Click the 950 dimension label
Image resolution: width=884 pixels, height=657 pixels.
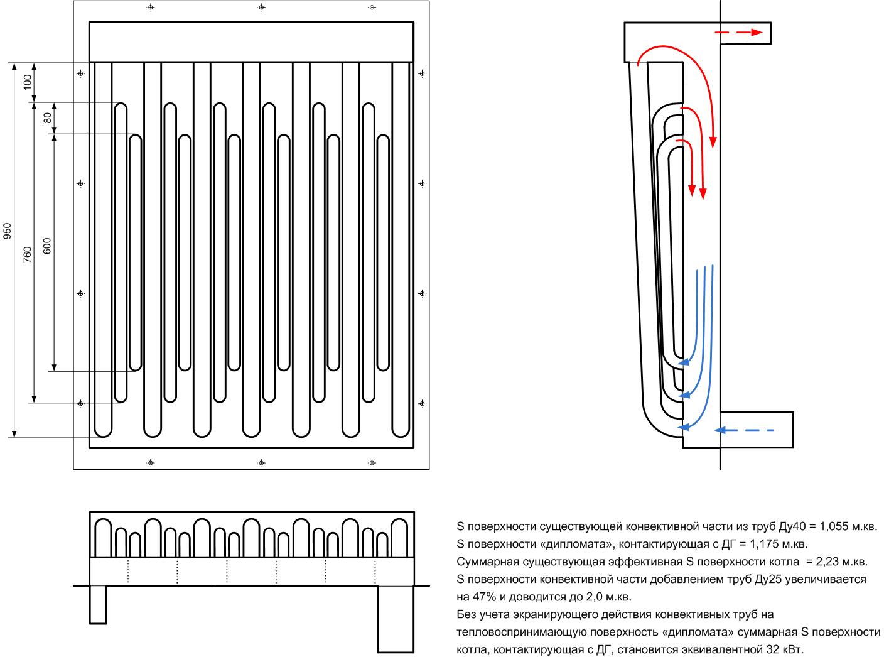pyautogui.click(x=8, y=232)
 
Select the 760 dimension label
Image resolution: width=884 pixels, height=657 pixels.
pyautogui.click(x=27, y=253)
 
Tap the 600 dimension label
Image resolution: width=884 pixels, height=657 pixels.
pyautogui.click(x=47, y=246)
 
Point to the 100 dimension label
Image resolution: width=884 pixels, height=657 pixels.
pyautogui.click(x=27, y=82)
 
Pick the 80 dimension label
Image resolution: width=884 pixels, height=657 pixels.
pyautogui.click(x=47, y=118)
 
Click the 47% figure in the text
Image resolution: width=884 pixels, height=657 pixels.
pyautogui.click(x=477, y=595)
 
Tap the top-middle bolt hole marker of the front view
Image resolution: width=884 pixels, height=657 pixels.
pyautogui.click(x=261, y=7)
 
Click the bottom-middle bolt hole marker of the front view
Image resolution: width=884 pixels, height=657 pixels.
pyautogui.click(x=261, y=463)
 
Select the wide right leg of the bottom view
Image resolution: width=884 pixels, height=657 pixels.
pyautogui.click(x=396, y=619)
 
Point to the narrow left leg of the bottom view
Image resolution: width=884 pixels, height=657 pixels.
pyautogui.click(x=98, y=604)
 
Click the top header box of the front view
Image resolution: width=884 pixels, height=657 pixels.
pyautogui.click(x=251, y=42)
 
